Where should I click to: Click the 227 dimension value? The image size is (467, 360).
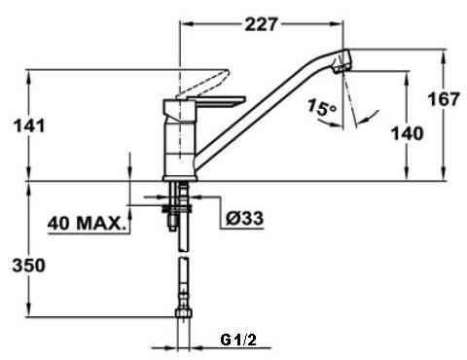coord(262,24)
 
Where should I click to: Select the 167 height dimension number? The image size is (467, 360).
coord(444,99)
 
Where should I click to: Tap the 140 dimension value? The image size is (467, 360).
coord(408,133)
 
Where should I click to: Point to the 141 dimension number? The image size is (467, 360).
coord(29,126)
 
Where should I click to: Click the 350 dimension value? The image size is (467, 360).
coord(29,266)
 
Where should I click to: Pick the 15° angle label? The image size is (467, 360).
coord(321,107)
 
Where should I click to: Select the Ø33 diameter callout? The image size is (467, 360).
coord(244,218)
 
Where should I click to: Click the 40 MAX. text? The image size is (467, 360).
coord(87,224)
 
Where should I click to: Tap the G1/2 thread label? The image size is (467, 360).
coord(238,340)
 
